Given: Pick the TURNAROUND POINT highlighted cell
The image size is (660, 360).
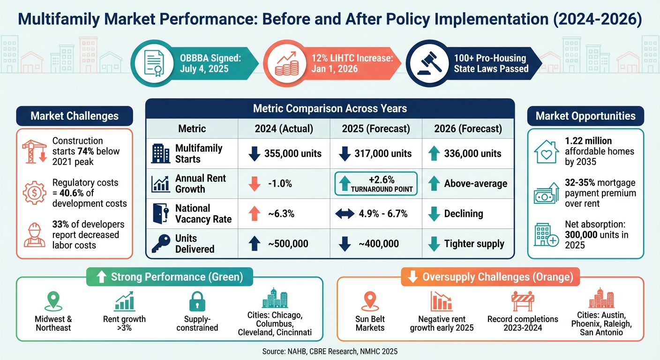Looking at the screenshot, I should click(375, 183).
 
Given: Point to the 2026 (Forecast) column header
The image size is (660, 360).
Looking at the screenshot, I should click(468, 128).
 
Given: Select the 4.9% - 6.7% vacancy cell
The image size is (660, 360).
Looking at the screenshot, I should click(376, 214).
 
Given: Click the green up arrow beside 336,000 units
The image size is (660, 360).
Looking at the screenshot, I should click(434, 153).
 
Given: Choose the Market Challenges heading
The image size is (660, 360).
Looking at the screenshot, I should click(75, 116).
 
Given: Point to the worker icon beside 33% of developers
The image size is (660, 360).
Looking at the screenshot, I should click(34, 235).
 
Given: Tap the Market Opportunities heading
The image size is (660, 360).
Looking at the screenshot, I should click(585, 116).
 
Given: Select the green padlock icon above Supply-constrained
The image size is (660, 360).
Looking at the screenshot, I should click(197, 301).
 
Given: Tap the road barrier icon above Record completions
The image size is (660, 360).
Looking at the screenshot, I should click(523, 301).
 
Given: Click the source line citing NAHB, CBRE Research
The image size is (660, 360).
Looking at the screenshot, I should click(330, 350).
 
